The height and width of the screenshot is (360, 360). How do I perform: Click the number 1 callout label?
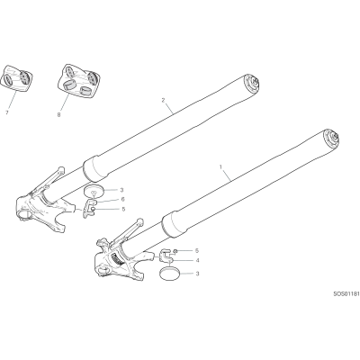[221, 166]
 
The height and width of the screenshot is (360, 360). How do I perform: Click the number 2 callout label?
[164, 100]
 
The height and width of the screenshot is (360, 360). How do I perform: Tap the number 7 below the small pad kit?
[6, 113]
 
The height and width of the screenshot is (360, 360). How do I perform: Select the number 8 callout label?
[58, 114]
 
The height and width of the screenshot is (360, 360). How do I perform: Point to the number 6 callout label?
[123, 199]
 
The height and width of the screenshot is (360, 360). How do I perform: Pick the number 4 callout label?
[197, 260]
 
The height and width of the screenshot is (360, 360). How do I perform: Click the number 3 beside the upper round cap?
[121, 190]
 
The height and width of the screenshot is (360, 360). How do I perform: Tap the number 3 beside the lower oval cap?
[197, 274]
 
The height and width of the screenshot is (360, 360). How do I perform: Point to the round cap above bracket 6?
[94, 190]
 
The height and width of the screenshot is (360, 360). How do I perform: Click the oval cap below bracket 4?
[170, 274]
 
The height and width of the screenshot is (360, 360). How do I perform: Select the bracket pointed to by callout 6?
[89, 208]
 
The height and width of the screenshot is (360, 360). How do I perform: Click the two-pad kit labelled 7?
[16, 78]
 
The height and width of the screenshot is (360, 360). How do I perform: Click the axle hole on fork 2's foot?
[25, 214]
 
